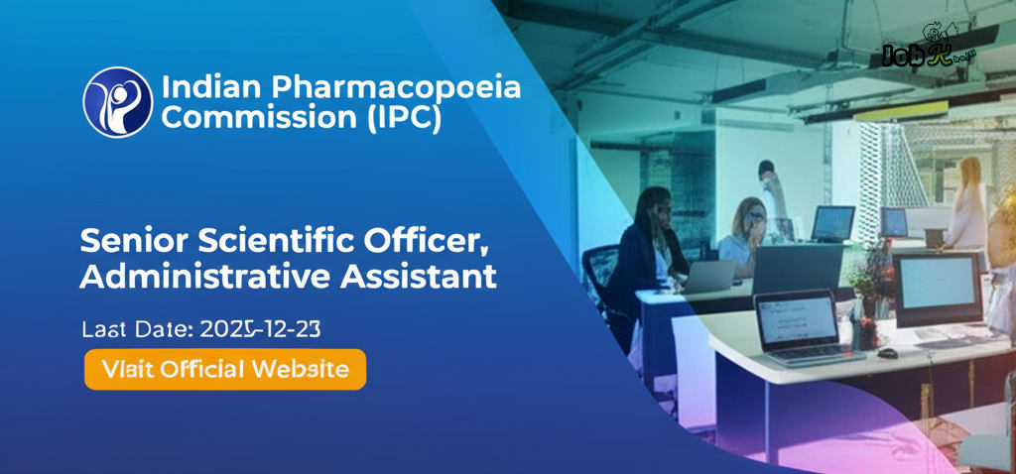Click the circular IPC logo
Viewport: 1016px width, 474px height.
[x=118, y=102]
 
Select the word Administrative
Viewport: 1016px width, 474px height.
[x=204, y=277]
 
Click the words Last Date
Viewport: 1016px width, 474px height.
[x=136, y=327]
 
